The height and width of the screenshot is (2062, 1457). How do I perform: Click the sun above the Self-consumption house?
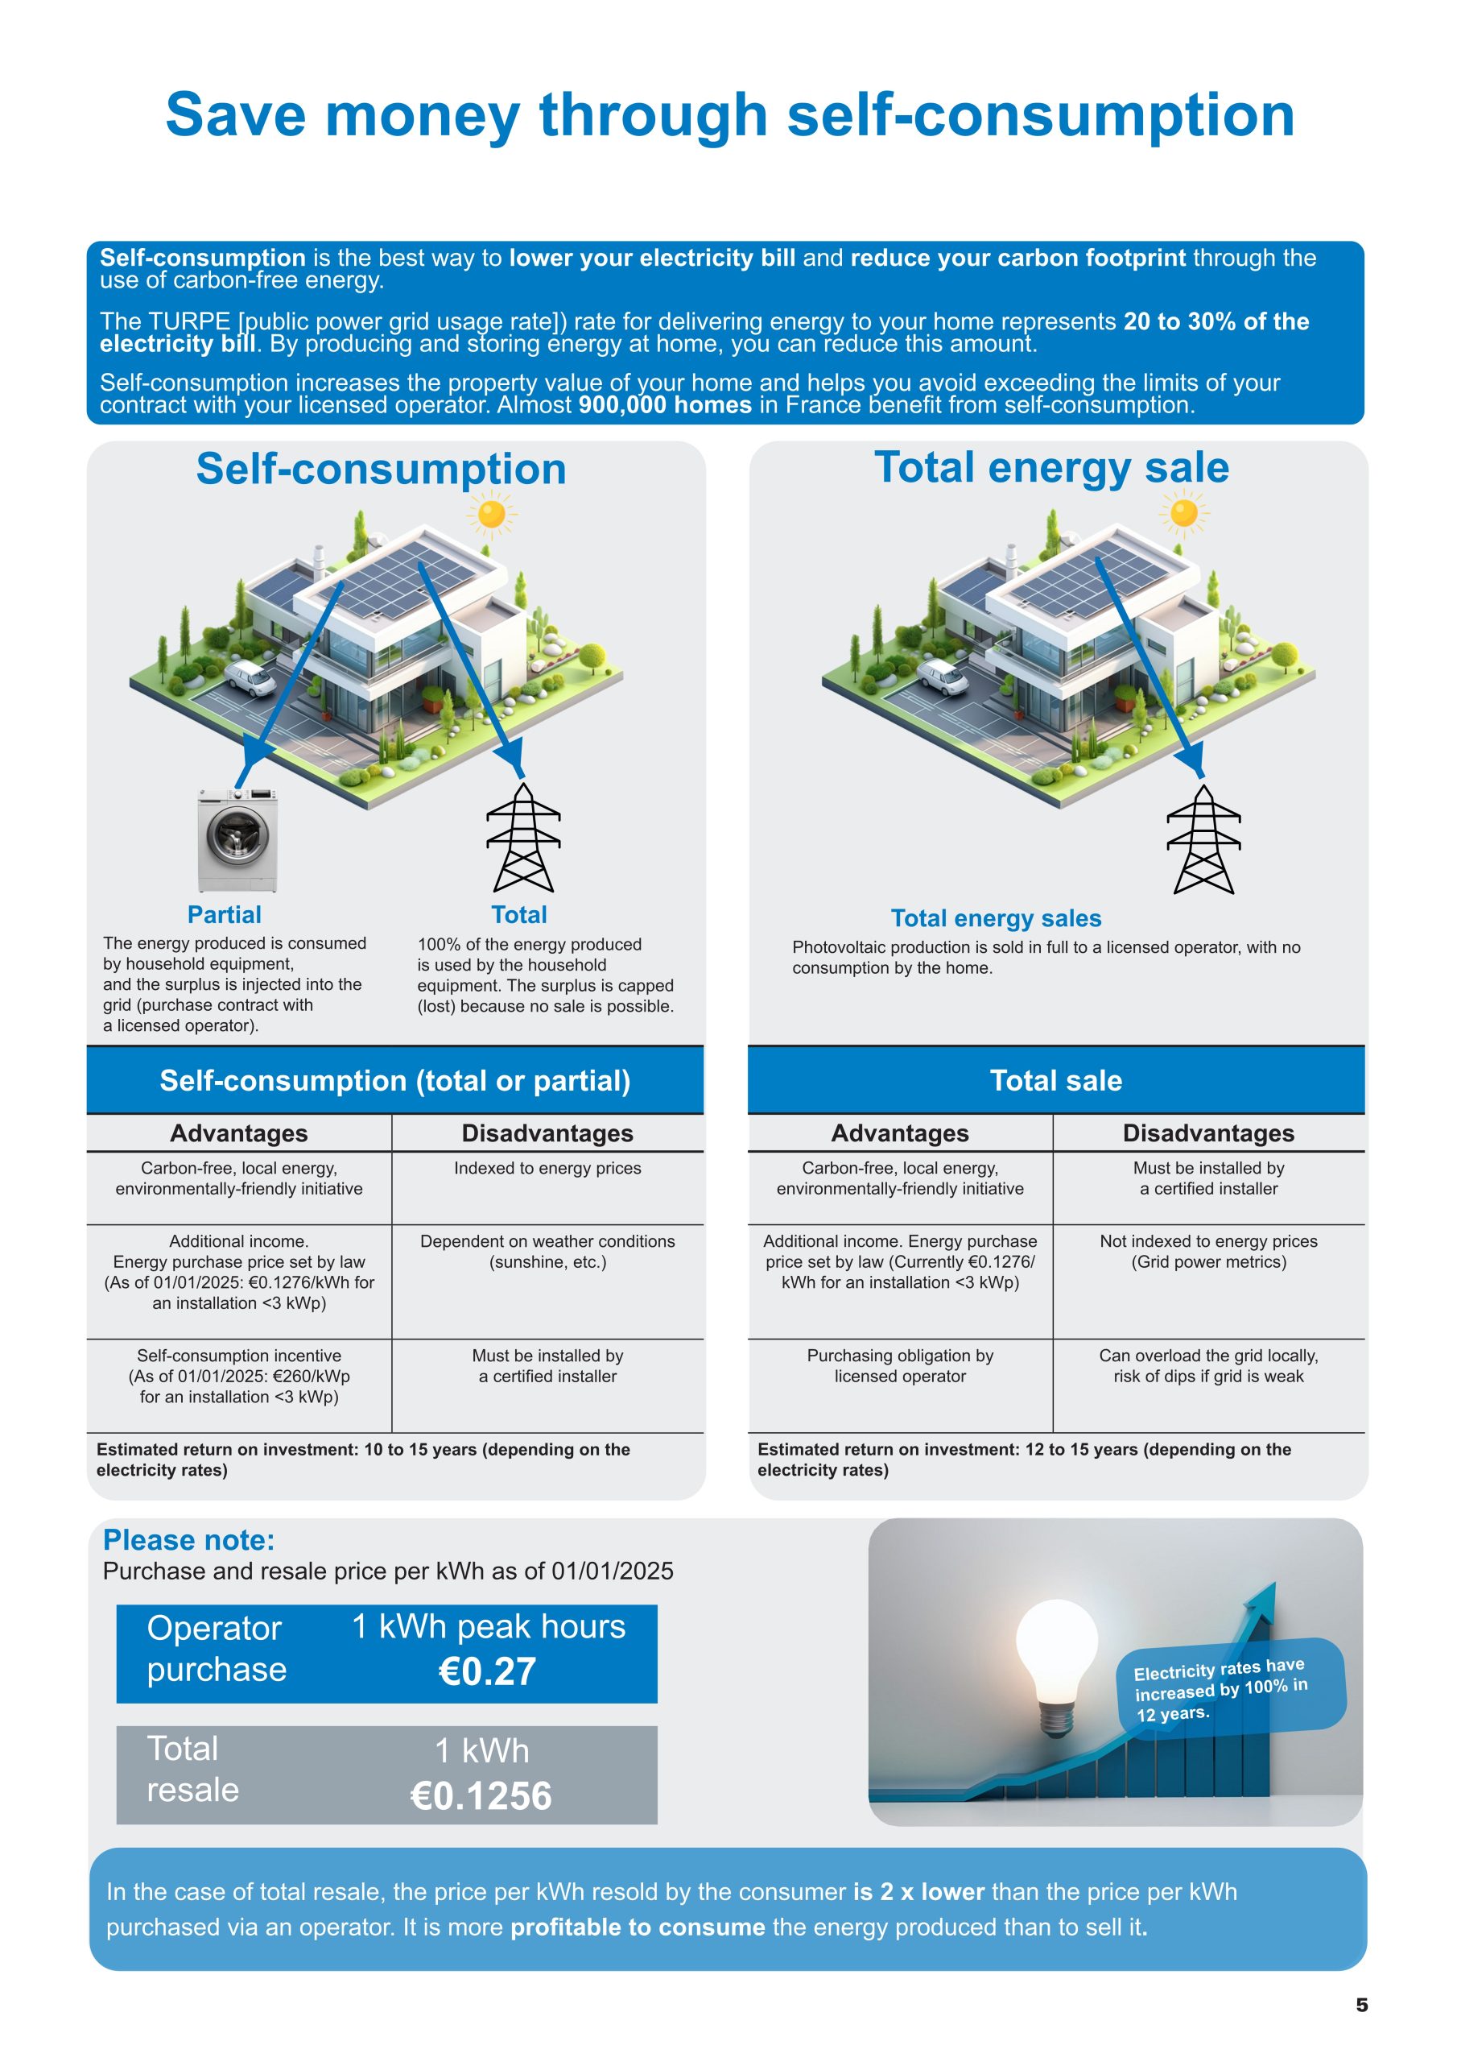coord(491,515)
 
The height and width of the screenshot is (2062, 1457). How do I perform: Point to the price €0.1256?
coord(481,1795)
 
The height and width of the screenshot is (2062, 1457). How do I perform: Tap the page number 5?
coord(1361,2005)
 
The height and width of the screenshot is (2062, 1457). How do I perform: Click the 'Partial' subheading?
coord(225,914)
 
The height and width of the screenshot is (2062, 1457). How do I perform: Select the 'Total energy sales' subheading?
coord(996,918)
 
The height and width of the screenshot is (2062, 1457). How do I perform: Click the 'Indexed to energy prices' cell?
coord(547,1169)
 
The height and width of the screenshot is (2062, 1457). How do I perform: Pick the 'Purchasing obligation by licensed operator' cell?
coord(899,1365)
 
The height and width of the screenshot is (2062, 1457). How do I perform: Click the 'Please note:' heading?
coord(188,1539)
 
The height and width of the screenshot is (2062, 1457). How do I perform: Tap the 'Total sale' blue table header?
coord(1055,1080)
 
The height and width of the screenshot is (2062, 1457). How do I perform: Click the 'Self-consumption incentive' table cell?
coord(239,1375)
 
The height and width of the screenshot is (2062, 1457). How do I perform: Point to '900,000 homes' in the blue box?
coord(664,405)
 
